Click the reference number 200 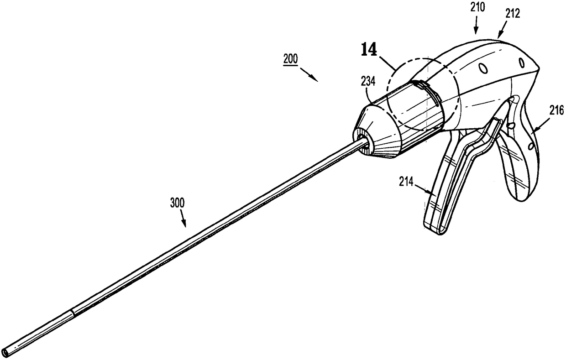290,59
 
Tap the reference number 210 477,8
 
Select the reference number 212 513,14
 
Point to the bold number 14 369,50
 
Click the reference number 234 368,82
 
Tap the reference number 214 406,182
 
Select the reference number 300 178,203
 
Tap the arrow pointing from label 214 424,188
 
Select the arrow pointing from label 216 541,125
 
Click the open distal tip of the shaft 5,352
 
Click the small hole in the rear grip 531,146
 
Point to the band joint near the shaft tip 73,313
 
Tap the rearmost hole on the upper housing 522,63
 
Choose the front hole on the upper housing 483,68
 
